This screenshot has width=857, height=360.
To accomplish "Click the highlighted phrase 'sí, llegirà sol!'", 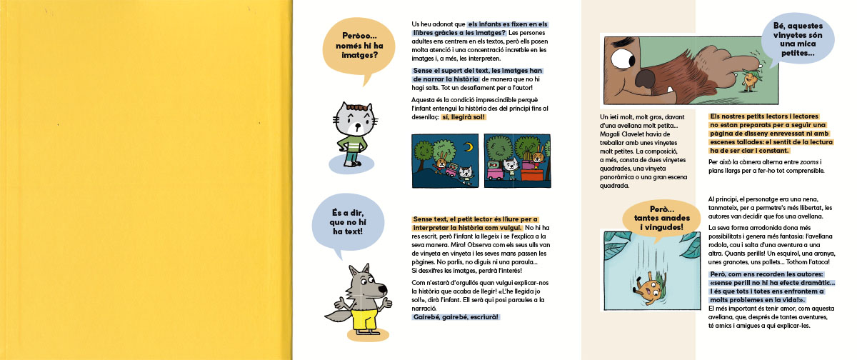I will [x=463, y=117].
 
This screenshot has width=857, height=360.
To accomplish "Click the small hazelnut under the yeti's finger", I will [x=748, y=76].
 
